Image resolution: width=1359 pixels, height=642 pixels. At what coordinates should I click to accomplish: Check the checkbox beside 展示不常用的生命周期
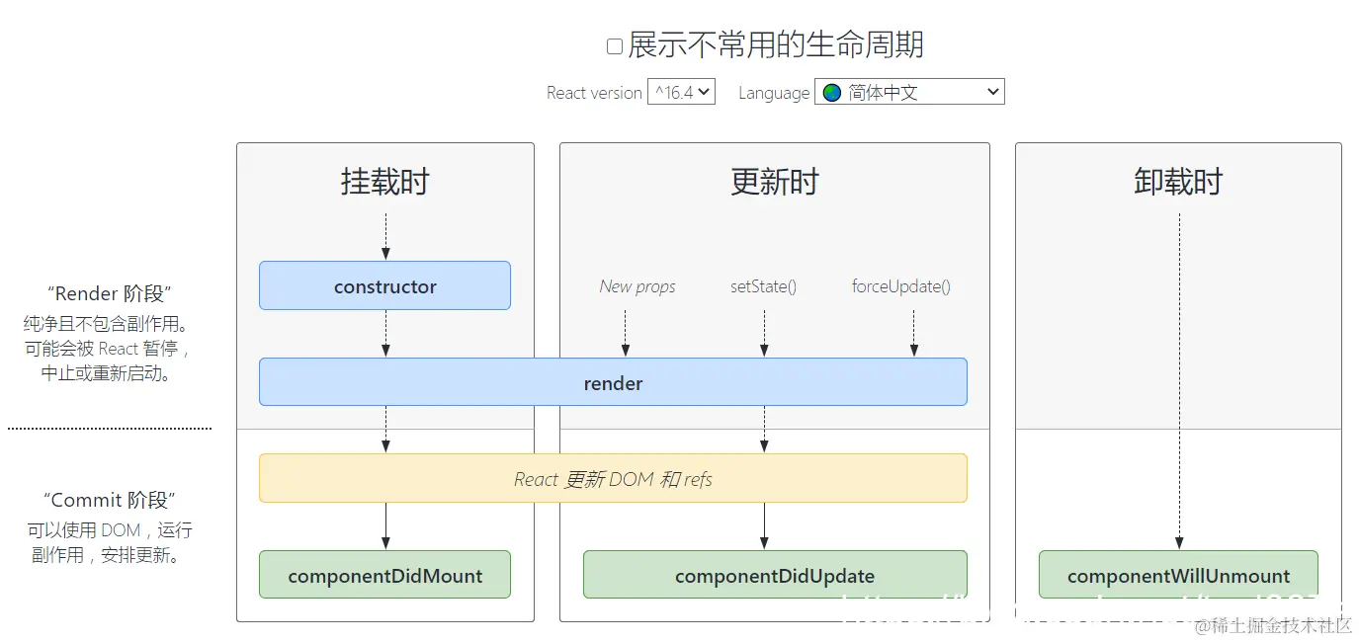click(615, 45)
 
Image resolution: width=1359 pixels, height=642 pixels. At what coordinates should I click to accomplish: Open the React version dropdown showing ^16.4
click(681, 92)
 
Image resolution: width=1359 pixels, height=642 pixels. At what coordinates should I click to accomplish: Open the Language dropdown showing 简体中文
click(909, 92)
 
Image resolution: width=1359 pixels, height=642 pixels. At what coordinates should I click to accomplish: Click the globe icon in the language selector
click(832, 92)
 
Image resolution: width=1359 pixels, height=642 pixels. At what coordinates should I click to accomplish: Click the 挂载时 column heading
click(384, 182)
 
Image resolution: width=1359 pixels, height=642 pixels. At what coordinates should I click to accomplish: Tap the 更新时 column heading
click(774, 182)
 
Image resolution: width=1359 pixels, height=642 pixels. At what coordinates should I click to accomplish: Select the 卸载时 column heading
click(1177, 182)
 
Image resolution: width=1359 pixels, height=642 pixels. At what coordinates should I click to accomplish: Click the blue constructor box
click(384, 286)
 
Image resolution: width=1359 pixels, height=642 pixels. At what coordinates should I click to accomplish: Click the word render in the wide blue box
click(613, 383)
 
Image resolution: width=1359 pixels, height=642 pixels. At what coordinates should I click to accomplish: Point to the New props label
click(637, 286)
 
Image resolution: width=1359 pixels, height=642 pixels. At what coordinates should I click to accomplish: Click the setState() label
click(763, 286)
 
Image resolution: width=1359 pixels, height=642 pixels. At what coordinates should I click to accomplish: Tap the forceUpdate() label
click(900, 286)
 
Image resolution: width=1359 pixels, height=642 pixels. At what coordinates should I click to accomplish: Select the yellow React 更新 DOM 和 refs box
click(613, 479)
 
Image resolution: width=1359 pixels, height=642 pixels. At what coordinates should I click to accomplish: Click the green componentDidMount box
click(384, 576)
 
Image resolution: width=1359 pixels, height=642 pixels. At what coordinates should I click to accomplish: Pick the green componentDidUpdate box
click(774, 576)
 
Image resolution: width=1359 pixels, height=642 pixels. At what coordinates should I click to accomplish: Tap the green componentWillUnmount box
click(1178, 576)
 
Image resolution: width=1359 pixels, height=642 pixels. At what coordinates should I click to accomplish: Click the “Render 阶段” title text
click(109, 293)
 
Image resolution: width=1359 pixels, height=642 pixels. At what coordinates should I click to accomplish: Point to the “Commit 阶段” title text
click(109, 500)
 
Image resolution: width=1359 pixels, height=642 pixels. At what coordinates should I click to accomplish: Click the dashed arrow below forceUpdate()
click(913, 333)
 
